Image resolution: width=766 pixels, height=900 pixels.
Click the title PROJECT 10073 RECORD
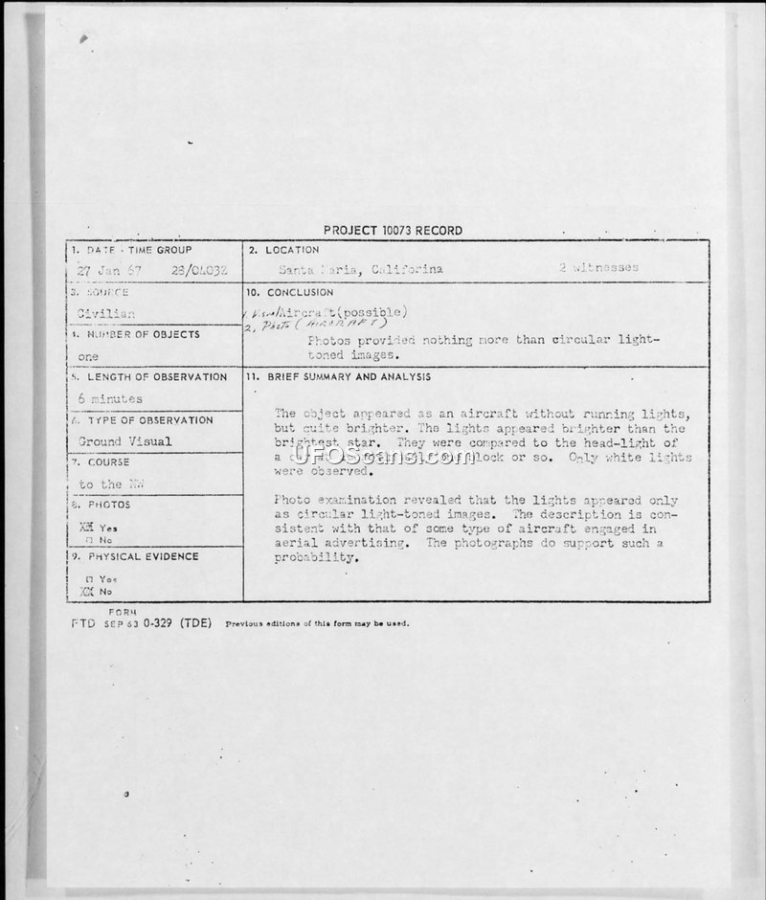click(393, 230)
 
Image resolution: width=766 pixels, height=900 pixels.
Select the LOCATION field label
click(285, 250)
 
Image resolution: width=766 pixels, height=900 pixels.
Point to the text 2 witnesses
click(598, 268)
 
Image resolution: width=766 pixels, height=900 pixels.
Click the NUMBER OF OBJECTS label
click(144, 334)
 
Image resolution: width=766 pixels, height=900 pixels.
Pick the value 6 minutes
click(109, 398)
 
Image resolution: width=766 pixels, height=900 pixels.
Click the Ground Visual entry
click(124, 441)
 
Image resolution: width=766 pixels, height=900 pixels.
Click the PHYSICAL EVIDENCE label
click(143, 556)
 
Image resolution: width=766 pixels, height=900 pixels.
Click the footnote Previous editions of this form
click(316, 623)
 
